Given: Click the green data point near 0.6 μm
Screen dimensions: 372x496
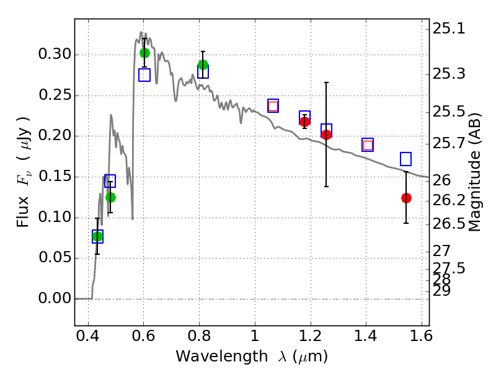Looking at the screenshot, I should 144,53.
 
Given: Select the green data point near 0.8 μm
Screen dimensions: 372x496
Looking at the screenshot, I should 203,64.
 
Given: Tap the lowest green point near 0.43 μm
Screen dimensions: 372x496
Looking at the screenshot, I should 97,236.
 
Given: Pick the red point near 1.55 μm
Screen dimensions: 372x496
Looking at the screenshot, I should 406,198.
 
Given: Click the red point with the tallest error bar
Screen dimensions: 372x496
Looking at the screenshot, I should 326,135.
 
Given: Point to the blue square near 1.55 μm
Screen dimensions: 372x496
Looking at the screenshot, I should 405,159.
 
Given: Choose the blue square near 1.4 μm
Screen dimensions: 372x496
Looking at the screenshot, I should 368,145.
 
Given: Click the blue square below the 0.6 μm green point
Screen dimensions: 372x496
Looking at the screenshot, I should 144,75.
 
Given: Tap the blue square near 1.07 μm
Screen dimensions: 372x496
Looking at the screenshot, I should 273,105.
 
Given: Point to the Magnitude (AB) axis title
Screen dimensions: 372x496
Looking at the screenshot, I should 476,172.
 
